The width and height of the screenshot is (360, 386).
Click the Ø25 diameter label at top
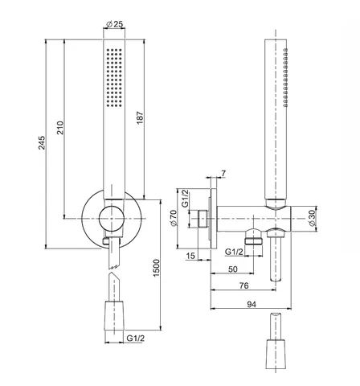[x=115, y=24]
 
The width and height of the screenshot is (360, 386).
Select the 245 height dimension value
[x=42, y=143]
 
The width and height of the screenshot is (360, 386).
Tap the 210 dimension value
[x=60, y=128]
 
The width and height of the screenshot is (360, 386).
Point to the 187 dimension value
[x=140, y=117]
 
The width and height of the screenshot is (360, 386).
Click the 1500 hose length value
[x=156, y=268]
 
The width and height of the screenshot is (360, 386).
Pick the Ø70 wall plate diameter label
[x=174, y=218]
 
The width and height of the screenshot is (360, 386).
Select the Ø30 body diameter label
[x=312, y=218]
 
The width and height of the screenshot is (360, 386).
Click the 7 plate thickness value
[x=223, y=174]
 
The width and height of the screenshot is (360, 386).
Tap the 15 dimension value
[x=190, y=256]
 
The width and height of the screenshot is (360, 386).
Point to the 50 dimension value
[x=233, y=269]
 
